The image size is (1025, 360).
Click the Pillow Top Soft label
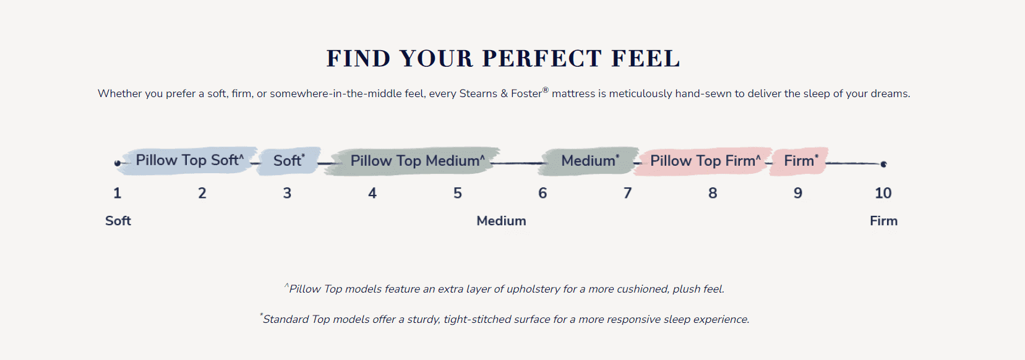tap(189, 160)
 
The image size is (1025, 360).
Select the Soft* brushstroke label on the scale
tap(289, 161)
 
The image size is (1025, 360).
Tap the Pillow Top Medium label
tap(418, 161)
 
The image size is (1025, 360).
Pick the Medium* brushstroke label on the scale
tap(590, 161)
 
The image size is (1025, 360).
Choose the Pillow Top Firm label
tap(705, 161)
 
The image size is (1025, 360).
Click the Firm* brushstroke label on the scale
tap(801, 161)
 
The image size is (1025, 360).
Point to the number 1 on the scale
tap(117, 193)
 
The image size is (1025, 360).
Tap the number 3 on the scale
tap(287, 193)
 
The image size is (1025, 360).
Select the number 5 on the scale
tap(458, 193)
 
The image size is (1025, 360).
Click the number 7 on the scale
tap(627, 193)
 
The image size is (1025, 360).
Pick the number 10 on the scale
tap(883, 193)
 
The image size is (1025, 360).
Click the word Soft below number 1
tap(118, 221)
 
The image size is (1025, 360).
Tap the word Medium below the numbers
tap(501, 221)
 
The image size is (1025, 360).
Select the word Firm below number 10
tap(883, 221)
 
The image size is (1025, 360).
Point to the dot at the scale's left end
tap(118, 163)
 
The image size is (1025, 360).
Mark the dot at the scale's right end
tap(883, 164)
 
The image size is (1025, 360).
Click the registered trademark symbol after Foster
tap(546, 90)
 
